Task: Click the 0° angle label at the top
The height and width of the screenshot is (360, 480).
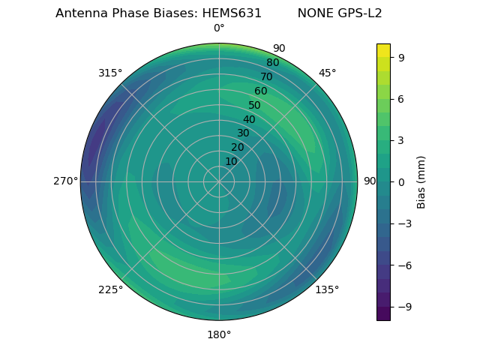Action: pyautogui.click(x=219, y=28)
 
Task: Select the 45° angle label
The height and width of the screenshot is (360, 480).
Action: pyautogui.click(x=327, y=73)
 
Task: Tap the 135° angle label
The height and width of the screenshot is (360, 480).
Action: pyautogui.click(x=327, y=289)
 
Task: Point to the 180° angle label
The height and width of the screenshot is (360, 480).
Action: pyautogui.click(x=219, y=334)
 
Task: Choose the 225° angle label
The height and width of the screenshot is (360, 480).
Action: pyautogui.click(x=110, y=289)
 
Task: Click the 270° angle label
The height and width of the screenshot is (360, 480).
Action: pyautogui.click(x=65, y=181)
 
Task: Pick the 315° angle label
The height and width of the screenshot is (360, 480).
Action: pyautogui.click(x=110, y=73)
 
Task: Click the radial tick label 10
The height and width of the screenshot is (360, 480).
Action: pyautogui.click(x=231, y=161)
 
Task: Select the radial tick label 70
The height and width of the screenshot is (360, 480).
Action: pyautogui.click(x=266, y=76)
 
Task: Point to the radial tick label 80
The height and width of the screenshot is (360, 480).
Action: pyautogui.click(x=272, y=62)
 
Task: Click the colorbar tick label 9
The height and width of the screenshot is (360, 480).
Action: pyautogui.click(x=400, y=57)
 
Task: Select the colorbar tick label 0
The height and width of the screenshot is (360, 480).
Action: pyautogui.click(x=400, y=181)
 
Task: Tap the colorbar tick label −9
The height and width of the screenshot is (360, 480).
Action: pyautogui.click(x=403, y=307)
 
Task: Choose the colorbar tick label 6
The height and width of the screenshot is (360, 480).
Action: pyautogui.click(x=400, y=99)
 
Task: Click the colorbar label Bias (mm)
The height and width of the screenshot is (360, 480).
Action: pyautogui.click(x=421, y=181)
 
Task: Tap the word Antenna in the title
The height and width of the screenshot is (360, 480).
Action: pyautogui.click(x=81, y=13)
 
